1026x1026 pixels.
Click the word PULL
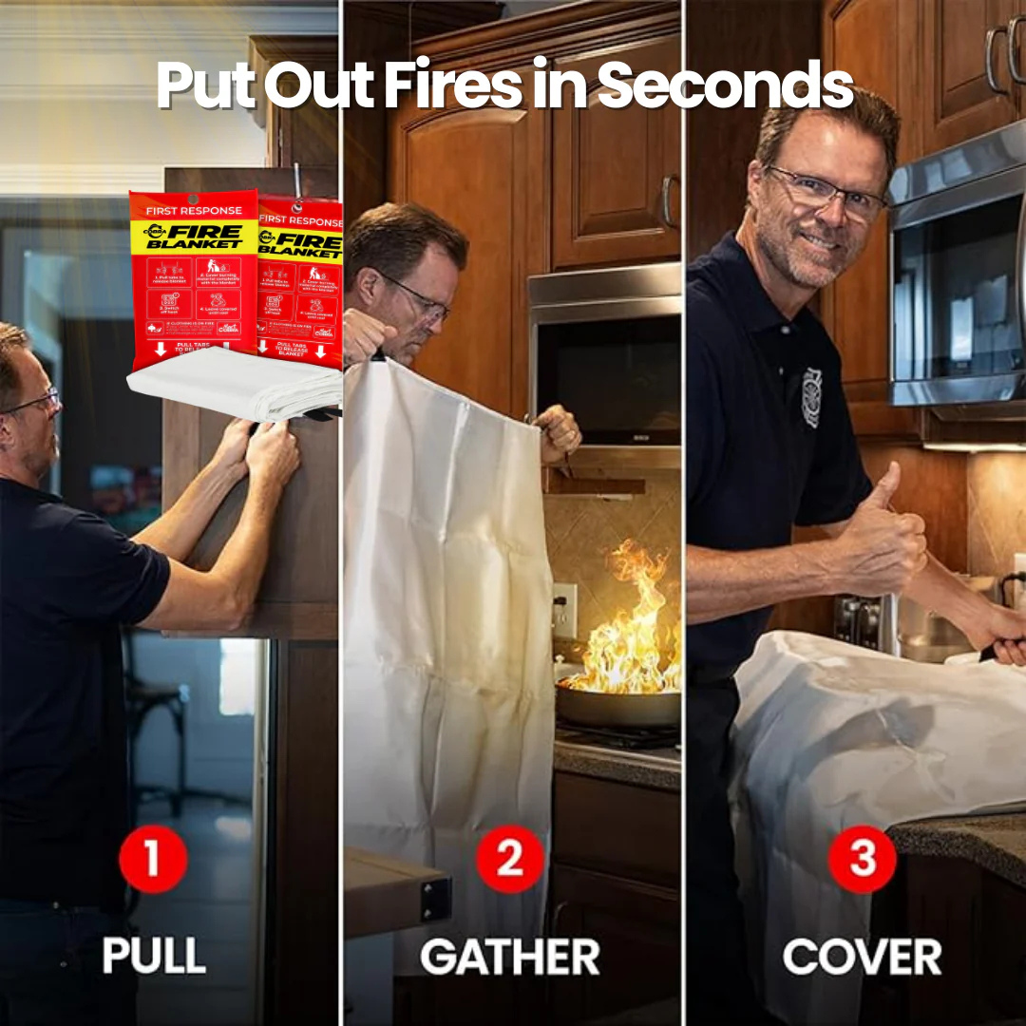(x=154, y=955)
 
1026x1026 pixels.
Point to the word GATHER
(x=509, y=956)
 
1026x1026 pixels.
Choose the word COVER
(x=862, y=956)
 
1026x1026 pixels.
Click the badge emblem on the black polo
(x=810, y=397)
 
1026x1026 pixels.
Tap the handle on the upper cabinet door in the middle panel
(x=668, y=199)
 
